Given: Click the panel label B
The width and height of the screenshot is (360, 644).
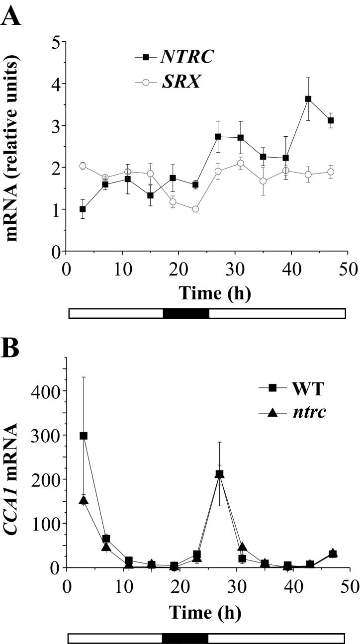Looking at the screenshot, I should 11,349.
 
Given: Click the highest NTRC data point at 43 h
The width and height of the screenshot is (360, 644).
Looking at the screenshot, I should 308,99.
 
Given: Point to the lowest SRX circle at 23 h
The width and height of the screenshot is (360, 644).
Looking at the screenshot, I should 195,209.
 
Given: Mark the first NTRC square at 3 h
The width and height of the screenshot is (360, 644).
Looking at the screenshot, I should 83,209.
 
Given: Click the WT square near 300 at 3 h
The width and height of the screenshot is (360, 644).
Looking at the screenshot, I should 84,436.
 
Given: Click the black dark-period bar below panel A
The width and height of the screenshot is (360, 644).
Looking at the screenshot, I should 185,313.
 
